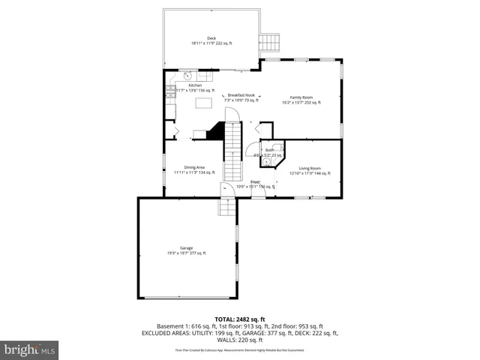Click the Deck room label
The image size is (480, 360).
pos(211,37)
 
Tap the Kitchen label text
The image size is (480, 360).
pos(195,85)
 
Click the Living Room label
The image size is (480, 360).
pos(310,168)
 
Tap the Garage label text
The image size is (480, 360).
pos(186,248)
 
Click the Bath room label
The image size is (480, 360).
pos(268,150)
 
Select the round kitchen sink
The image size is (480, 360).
pos(188,75)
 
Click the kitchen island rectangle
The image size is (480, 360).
pos(203,103)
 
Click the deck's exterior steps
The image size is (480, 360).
pos(269,43)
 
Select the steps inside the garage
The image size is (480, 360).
pos(225,206)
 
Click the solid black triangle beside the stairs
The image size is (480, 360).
pos(217,132)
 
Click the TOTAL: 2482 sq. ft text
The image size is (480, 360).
pos(239,319)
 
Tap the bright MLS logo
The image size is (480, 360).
pos(30,349)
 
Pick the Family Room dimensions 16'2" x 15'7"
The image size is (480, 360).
pos(301,103)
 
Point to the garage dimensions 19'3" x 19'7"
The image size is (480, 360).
pos(186,253)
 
